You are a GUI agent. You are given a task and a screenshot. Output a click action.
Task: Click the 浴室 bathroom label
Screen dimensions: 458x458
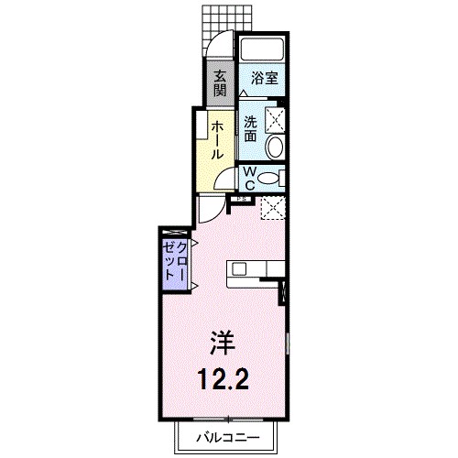[x=264, y=79]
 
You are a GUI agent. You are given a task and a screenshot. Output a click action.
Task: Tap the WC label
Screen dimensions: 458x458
[x=248, y=176]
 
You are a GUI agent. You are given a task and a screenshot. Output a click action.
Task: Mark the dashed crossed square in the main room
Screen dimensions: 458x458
[x=272, y=209]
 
